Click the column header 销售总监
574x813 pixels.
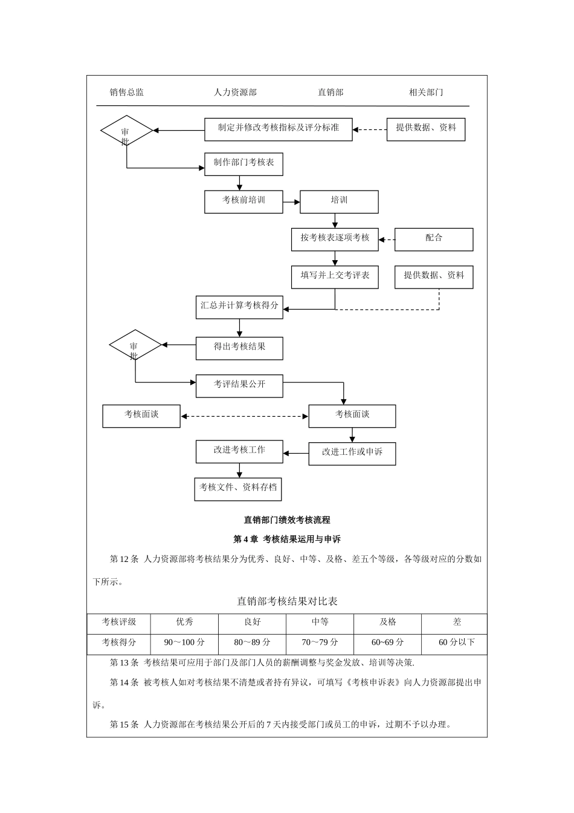(x=127, y=93)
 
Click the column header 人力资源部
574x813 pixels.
(x=235, y=93)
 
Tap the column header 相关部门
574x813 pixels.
(x=426, y=93)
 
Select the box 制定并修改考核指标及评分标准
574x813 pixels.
(x=278, y=129)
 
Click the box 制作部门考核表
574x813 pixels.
(x=243, y=164)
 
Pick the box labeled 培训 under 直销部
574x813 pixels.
(x=339, y=201)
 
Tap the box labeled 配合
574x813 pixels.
(x=434, y=239)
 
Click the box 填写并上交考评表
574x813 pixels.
(x=335, y=276)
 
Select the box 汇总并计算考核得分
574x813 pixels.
(x=239, y=307)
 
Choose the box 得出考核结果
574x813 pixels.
(x=239, y=348)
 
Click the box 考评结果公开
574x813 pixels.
(x=239, y=385)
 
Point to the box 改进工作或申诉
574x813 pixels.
(x=352, y=453)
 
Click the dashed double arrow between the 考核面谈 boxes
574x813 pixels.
(x=245, y=416)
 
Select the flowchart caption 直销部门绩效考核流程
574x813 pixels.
(x=287, y=520)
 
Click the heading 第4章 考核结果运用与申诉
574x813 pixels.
(x=287, y=539)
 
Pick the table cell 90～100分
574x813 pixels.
(x=184, y=642)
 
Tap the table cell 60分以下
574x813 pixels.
(x=456, y=642)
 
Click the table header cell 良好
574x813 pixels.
(x=252, y=622)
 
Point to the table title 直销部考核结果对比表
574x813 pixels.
(x=287, y=601)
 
